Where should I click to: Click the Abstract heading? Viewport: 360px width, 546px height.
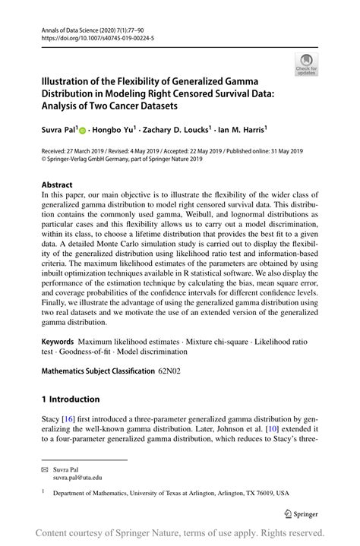tap(57, 185)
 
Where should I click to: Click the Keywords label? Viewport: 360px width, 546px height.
tap(58, 343)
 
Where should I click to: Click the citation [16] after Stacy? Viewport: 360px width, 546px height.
tap(68, 418)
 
